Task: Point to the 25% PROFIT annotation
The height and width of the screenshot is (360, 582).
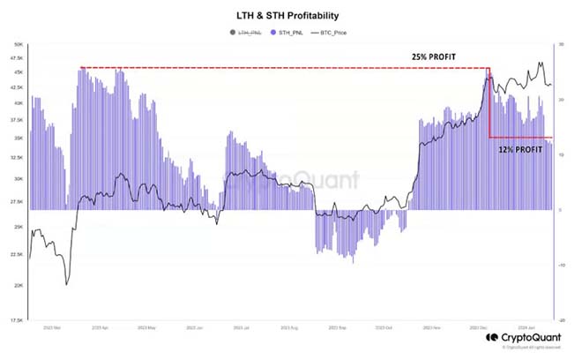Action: click(x=433, y=57)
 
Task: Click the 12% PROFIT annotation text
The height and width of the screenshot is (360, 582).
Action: click(x=520, y=151)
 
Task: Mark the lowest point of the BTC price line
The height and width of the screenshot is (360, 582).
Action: click(x=66, y=284)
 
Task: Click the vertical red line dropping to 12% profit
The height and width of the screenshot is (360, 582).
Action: click(x=489, y=102)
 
